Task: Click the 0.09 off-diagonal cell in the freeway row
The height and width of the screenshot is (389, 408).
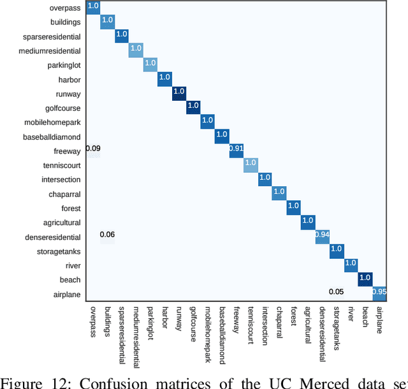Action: coord(93,150)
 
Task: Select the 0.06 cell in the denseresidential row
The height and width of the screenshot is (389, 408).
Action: coord(107,237)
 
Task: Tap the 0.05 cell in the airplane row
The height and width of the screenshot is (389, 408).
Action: coord(337,293)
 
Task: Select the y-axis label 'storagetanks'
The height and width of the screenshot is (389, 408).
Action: coord(59,251)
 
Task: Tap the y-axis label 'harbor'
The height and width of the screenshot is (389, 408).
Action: coord(69,80)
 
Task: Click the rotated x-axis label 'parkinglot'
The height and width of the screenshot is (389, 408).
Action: coord(150,322)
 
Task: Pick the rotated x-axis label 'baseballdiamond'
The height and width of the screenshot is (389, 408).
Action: coord(222,332)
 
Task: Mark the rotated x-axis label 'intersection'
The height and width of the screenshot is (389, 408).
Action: coord(265,325)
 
